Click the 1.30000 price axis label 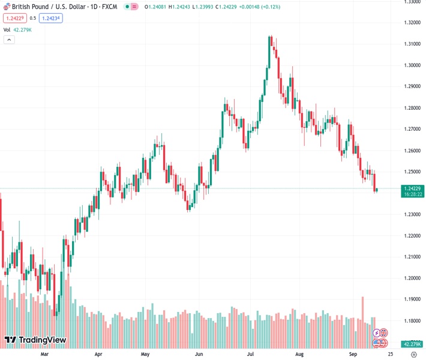click(x=412, y=65)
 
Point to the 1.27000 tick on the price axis click(x=412, y=129)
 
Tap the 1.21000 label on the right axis click(x=412, y=257)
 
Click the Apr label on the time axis click(x=98, y=355)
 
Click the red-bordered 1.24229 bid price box click(x=14, y=18)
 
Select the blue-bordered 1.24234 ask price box click(x=51, y=18)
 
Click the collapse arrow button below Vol click(x=9, y=40)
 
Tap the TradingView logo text click(x=43, y=340)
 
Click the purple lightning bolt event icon click(x=377, y=333)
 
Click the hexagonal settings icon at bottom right click(x=413, y=355)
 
